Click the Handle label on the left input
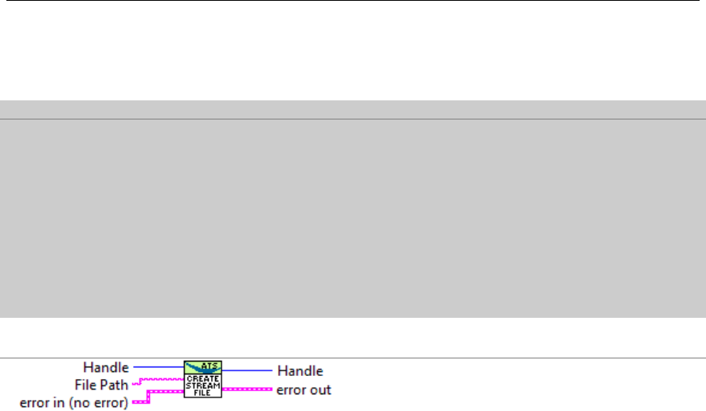106,367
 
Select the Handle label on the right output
300,370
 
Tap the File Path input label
108,385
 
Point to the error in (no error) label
76,402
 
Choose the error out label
304,389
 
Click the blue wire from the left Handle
158,367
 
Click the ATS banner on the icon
204,366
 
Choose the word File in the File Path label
95,385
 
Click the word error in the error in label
35,402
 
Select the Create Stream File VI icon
204,379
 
